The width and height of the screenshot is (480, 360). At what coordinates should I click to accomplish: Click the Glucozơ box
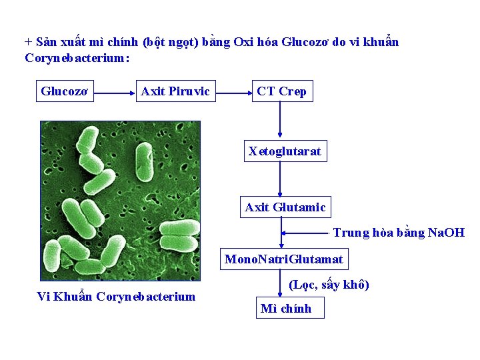[64, 91]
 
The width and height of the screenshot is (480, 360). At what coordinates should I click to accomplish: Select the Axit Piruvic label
[175, 91]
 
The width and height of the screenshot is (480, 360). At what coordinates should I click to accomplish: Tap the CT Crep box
[281, 91]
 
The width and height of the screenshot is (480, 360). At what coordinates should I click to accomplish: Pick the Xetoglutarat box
[285, 151]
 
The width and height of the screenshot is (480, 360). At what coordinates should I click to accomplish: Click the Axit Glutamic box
[285, 207]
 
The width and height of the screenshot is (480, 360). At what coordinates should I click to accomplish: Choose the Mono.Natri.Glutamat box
[284, 259]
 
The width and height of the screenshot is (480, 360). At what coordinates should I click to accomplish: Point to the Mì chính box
[285, 309]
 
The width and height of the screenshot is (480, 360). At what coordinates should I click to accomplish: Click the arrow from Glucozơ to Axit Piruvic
[115, 95]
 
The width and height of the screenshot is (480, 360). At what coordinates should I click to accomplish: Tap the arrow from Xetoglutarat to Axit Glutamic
[280, 179]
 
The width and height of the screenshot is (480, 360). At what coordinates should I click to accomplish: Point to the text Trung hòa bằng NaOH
[399, 233]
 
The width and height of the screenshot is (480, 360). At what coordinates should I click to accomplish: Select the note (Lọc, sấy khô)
[329, 285]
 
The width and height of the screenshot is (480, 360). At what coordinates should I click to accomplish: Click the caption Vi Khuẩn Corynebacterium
[116, 297]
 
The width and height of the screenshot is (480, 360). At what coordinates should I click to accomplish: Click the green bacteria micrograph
[121, 201]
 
